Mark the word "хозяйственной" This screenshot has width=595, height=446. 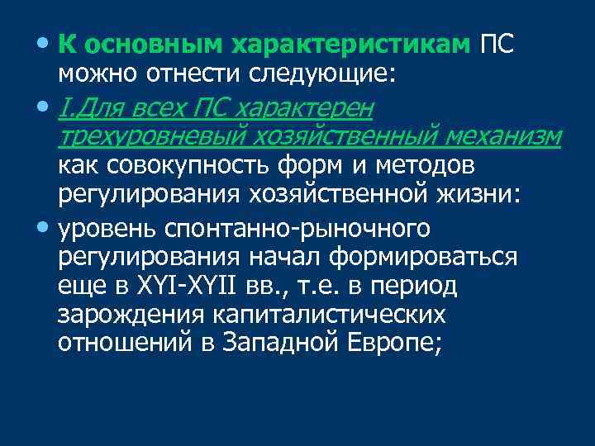[302, 197]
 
